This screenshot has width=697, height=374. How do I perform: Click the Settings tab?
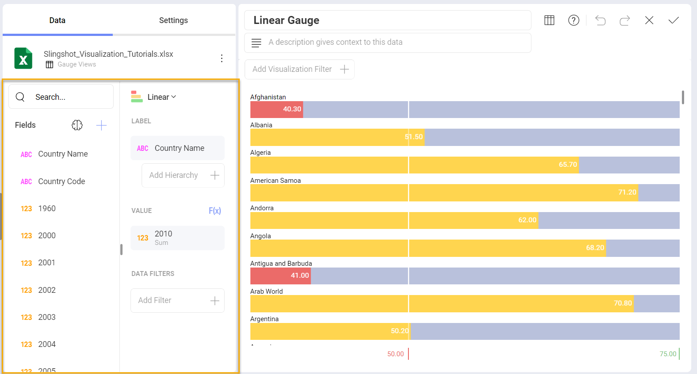173,20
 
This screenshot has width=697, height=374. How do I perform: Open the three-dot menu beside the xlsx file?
222,58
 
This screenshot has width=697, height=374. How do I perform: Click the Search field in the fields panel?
61,97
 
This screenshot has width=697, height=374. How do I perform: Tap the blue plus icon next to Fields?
101,126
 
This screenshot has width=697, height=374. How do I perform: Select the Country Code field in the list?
61,181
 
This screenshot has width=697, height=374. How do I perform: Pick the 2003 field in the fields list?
47,317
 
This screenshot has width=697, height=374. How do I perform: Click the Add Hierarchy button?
183,175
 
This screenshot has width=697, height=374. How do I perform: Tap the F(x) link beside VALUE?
215,211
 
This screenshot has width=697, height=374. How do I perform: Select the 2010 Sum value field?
177,238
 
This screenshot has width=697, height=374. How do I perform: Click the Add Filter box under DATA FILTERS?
177,300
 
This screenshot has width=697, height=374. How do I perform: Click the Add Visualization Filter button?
300,69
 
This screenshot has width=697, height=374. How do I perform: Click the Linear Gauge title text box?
387,20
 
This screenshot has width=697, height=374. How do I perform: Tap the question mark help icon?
574,20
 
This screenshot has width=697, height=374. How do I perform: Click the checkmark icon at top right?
673,20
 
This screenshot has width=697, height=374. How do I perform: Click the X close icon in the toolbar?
649,20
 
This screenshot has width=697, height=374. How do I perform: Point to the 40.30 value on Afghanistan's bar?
292,109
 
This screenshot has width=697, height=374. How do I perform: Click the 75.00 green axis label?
667,354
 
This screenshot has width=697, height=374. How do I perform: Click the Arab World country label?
266,291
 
